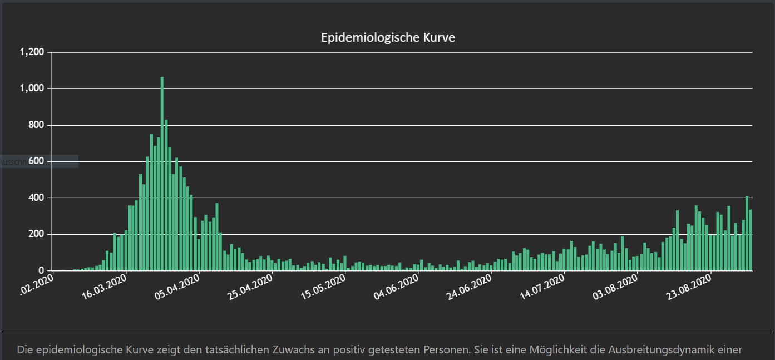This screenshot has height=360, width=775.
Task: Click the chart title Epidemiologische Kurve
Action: (388, 38)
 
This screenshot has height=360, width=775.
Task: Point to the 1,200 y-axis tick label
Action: (31, 52)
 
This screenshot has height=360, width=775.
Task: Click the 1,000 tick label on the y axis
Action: (31, 88)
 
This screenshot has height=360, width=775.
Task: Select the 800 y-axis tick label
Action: (36, 125)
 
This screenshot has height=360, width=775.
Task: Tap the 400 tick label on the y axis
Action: (36, 198)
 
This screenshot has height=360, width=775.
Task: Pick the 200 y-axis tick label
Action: (36, 234)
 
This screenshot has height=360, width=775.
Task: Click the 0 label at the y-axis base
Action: (41, 271)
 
